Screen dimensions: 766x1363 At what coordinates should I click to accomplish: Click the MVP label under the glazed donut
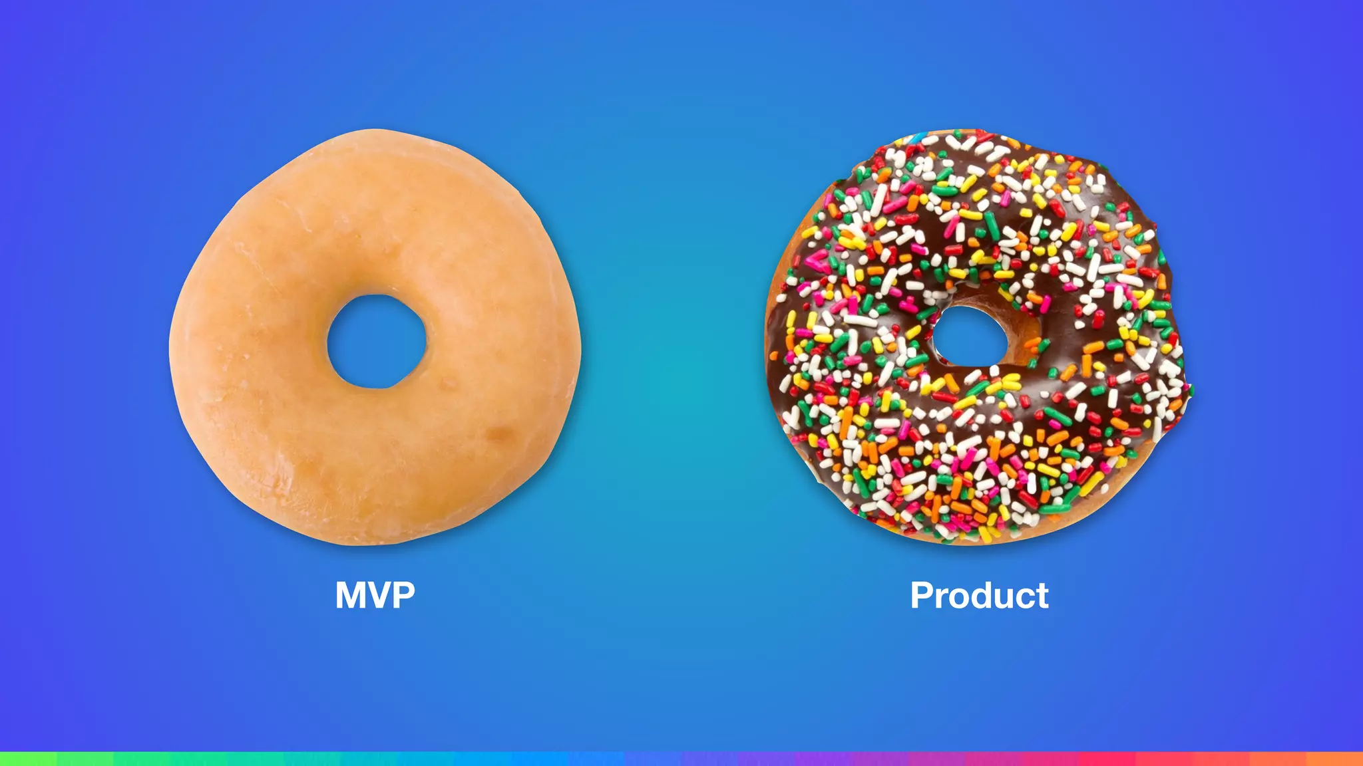point(375,595)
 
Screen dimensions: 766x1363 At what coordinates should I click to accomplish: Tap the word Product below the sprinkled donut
point(979,595)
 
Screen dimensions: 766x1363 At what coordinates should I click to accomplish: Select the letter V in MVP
point(380,595)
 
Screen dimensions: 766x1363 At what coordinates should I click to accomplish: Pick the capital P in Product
point(922,595)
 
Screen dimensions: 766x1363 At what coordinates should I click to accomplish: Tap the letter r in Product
point(943,598)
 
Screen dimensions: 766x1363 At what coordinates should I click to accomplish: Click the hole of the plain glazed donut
point(377,342)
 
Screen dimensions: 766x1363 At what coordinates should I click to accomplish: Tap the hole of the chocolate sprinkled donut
point(968,336)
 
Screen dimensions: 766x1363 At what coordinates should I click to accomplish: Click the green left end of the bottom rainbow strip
point(27,759)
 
